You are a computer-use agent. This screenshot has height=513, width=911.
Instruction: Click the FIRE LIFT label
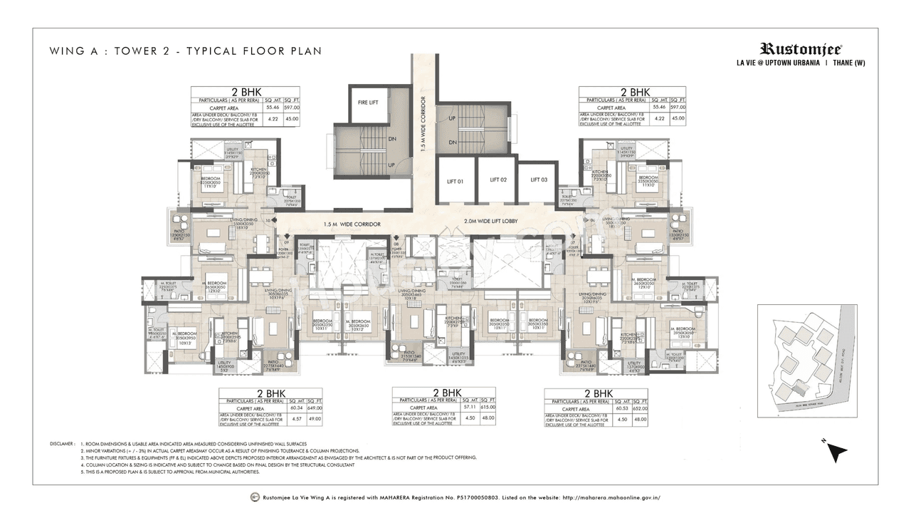tap(368, 102)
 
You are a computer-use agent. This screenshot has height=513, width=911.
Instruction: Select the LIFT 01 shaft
tap(455, 182)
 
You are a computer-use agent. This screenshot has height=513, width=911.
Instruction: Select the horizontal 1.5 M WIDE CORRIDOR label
tap(352, 224)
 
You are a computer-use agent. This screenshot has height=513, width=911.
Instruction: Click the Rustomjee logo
tap(801, 49)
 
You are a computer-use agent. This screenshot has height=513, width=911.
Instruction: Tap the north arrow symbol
tap(838, 452)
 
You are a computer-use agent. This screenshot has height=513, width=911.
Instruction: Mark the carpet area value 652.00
tap(640, 409)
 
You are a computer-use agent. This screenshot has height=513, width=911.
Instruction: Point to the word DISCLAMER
tap(63, 444)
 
